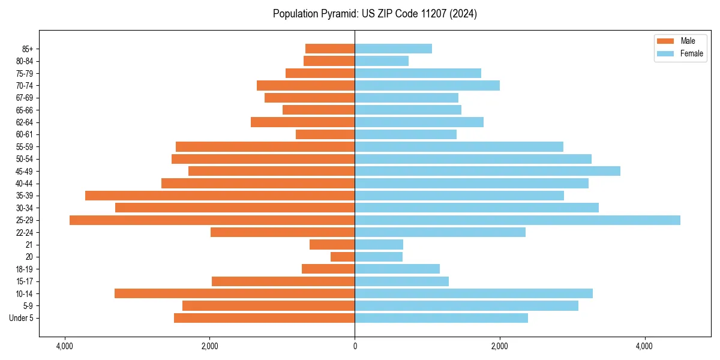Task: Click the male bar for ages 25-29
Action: [x=212, y=220]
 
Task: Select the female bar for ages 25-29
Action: [x=517, y=220]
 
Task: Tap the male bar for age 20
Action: [x=343, y=257]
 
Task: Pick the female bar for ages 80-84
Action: [x=382, y=61]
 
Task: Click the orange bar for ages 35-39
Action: [x=220, y=196]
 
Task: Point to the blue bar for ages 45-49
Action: [x=487, y=171]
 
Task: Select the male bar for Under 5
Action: [x=264, y=318]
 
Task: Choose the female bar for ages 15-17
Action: [x=401, y=281]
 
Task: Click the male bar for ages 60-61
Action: [x=325, y=134]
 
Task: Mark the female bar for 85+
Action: [x=393, y=49]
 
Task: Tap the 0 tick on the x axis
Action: [x=355, y=346]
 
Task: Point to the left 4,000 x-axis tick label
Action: [x=64, y=346]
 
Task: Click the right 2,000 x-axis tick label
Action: [x=499, y=346]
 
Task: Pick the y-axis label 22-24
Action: [x=25, y=232]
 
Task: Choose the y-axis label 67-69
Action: [x=25, y=98]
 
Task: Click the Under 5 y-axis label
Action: [x=21, y=318]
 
